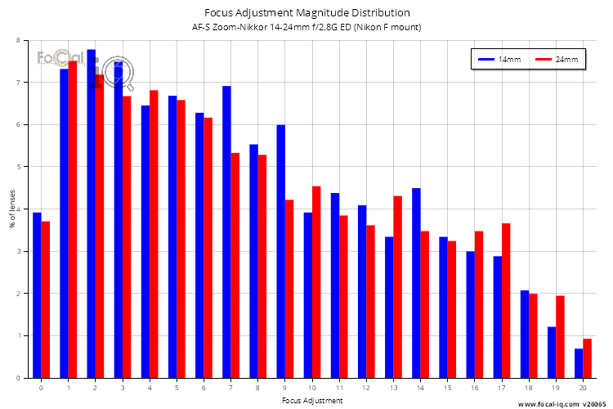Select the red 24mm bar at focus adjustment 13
point(397,286)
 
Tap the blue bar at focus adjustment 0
point(37,294)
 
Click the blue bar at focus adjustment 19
point(552,352)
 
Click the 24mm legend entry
point(556,60)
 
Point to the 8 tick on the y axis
point(19,40)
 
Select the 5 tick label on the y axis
point(19,167)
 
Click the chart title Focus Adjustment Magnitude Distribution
point(306,13)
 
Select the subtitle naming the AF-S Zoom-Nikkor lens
point(306,28)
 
